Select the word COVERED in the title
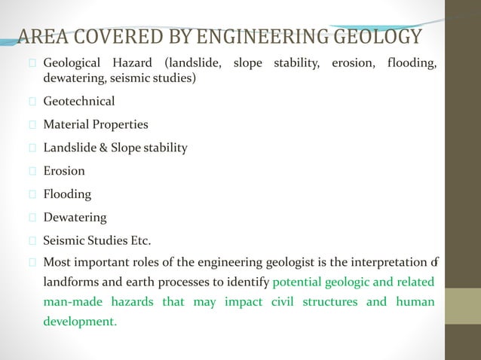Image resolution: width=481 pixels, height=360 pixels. tap(109, 37)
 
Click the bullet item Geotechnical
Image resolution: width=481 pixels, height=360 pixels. tap(79, 101)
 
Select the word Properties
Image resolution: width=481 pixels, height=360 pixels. tap(121, 124)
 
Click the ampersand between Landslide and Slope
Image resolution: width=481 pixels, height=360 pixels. tap(103, 148)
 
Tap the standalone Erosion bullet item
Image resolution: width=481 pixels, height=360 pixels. tap(64, 171)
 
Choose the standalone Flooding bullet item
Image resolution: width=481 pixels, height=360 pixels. tap(67, 194)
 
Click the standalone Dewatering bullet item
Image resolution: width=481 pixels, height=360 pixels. tap(75, 218)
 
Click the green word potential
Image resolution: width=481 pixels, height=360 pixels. tap(299, 282)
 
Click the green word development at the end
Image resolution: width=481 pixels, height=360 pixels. tap(80, 322)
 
